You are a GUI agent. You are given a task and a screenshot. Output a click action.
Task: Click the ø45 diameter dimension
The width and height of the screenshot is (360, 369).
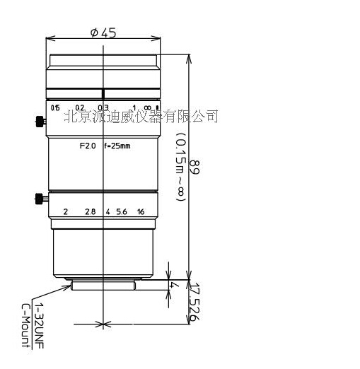(x=103, y=33)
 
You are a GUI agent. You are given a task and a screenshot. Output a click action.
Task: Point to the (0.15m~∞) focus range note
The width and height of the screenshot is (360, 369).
(x=180, y=169)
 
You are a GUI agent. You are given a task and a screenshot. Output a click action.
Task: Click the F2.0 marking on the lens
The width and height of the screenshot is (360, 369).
(x=87, y=147)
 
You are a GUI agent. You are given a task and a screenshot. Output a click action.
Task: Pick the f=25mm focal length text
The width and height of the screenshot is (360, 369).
(x=117, y=147)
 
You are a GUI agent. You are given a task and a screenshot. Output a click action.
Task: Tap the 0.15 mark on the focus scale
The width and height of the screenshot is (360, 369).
(x=56, y=107)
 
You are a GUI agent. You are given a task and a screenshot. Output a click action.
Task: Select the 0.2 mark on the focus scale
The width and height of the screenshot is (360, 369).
(x=80, y=107)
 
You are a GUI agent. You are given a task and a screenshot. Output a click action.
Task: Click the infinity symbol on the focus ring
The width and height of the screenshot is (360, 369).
(x=146, y=107)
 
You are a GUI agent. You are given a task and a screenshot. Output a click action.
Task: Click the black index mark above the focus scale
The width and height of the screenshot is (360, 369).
(x=103, y=93)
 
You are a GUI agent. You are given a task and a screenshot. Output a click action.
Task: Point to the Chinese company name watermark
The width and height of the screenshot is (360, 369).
(x=141, y=115)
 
